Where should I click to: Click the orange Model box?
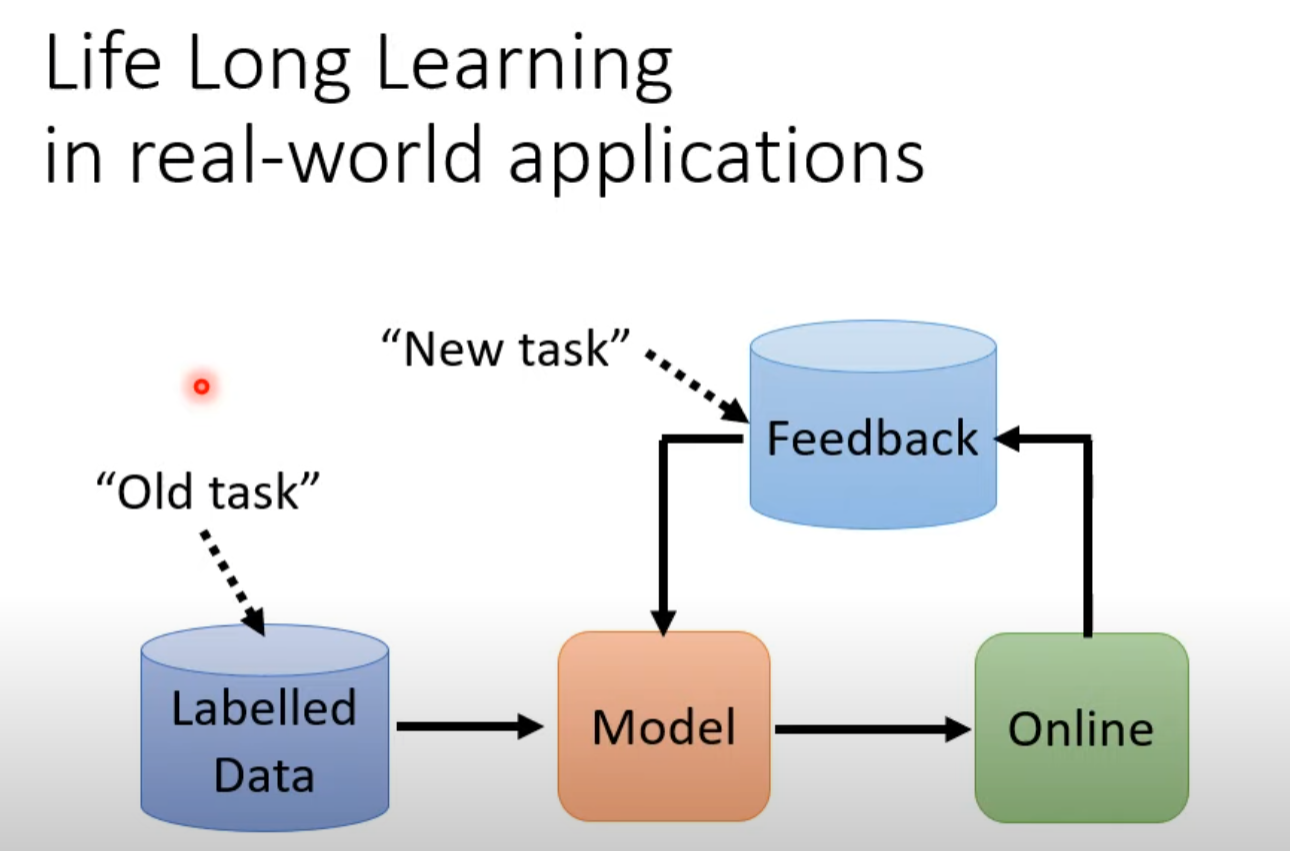pos(664,727)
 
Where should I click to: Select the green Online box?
pos(1081,727)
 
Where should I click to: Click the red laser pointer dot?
pos(201,386)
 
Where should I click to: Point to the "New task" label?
pos(505,349)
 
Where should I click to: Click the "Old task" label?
pos(207,493)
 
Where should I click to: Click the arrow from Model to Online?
pos(871,730)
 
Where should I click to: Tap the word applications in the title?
pos(715,161)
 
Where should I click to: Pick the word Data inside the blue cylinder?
pos(264,775)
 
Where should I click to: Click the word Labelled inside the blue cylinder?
pos(264,708)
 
